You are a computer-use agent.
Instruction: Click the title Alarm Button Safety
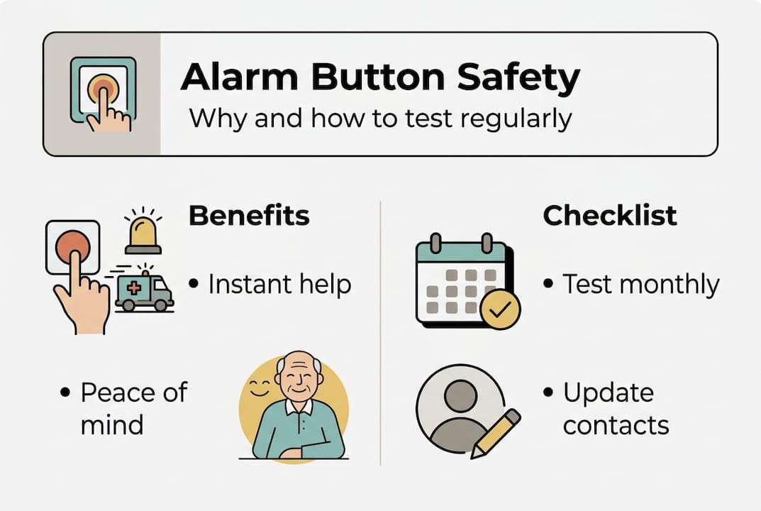380,78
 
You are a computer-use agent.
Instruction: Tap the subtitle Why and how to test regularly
380,118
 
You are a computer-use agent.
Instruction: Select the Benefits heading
249,216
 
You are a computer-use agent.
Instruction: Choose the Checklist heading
610,216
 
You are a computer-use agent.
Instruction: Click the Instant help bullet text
279,285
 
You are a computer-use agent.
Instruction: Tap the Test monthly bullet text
640,285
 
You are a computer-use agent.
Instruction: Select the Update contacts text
616,409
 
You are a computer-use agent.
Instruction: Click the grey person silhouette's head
460,394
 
